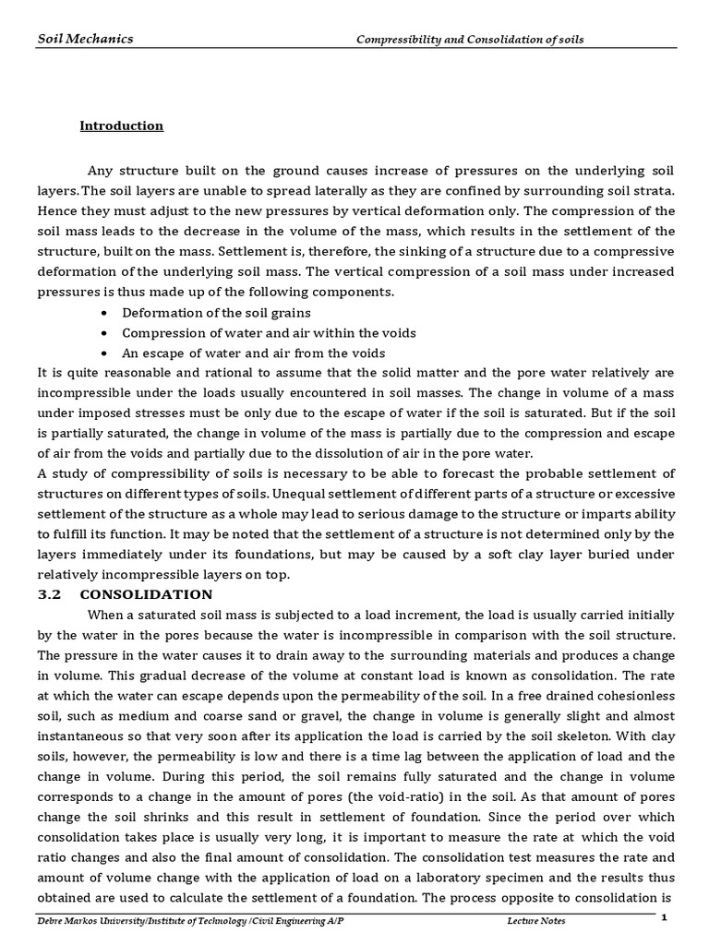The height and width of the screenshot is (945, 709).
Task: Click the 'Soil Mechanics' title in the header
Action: coord(85,39)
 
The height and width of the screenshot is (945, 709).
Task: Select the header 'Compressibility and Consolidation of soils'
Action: coord(471,40)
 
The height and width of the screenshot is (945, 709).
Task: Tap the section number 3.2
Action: coord(49,594)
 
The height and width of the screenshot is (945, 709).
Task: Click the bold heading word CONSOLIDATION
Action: coord(146,594)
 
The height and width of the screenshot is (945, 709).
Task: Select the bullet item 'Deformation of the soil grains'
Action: coord(216,313)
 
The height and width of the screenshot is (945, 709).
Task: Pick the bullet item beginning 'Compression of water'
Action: coord(269,333)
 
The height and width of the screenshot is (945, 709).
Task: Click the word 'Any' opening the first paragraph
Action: coord(100,171)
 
